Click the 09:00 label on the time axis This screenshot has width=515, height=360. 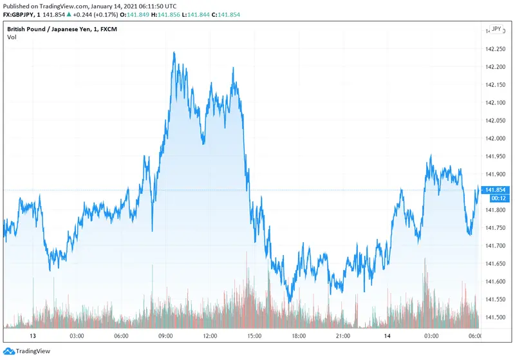pos(165,336)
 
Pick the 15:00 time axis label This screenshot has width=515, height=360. pos(254,336)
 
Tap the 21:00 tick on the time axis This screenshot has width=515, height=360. pos(342,336)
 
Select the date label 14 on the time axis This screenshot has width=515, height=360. pos(386,336)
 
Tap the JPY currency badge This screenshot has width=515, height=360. pos(496,29)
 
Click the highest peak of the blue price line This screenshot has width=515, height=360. pos(174,53)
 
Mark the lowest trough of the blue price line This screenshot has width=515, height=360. pos(290,301)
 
